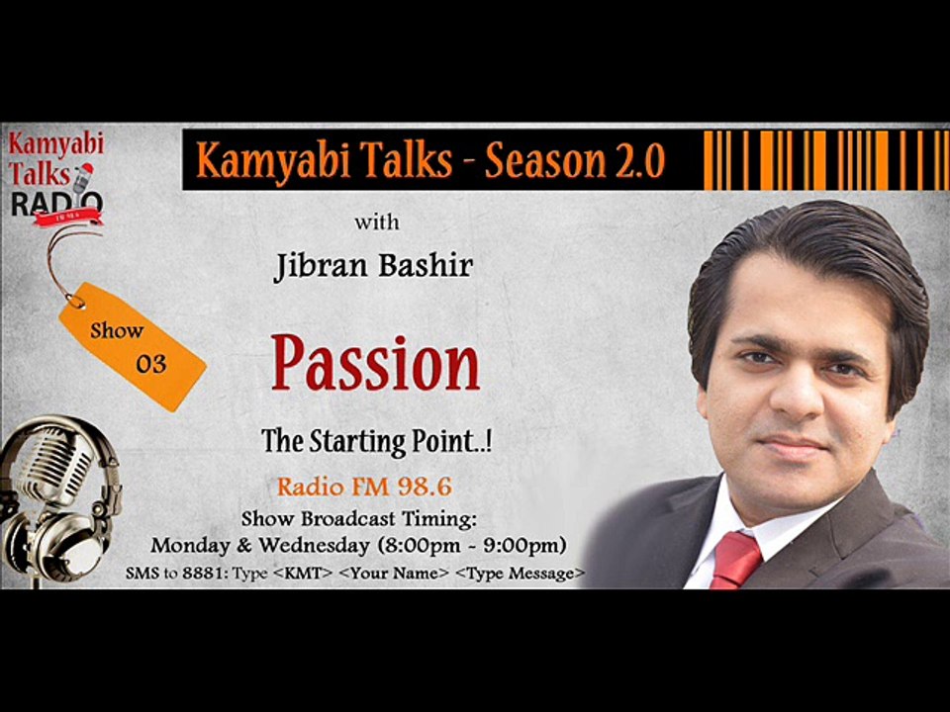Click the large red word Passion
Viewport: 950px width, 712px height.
click(x=376, y=364)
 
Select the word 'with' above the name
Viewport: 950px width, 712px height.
click(x=377, y=222)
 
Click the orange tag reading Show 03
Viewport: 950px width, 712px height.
click(x=133, y=347)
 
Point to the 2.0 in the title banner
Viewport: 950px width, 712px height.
click(x=640, y=160)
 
